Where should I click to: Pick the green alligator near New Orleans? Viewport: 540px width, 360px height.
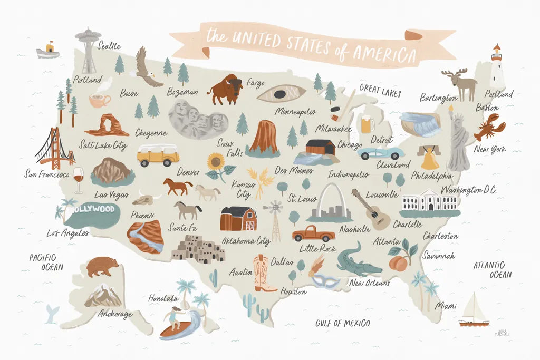[x=359, y=261]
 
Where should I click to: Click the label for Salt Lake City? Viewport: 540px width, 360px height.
[x=103, y=145]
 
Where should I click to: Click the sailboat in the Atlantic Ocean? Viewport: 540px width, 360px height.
[x=473, y=311]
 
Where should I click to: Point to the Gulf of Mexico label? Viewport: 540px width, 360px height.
[x=342, y=323]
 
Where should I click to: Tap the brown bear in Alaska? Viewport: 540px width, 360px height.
[x=102, y=266]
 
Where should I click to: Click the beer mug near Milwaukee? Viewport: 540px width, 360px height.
[x=366, y=124]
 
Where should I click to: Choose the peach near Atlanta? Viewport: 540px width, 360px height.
[x=399, y=261]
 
